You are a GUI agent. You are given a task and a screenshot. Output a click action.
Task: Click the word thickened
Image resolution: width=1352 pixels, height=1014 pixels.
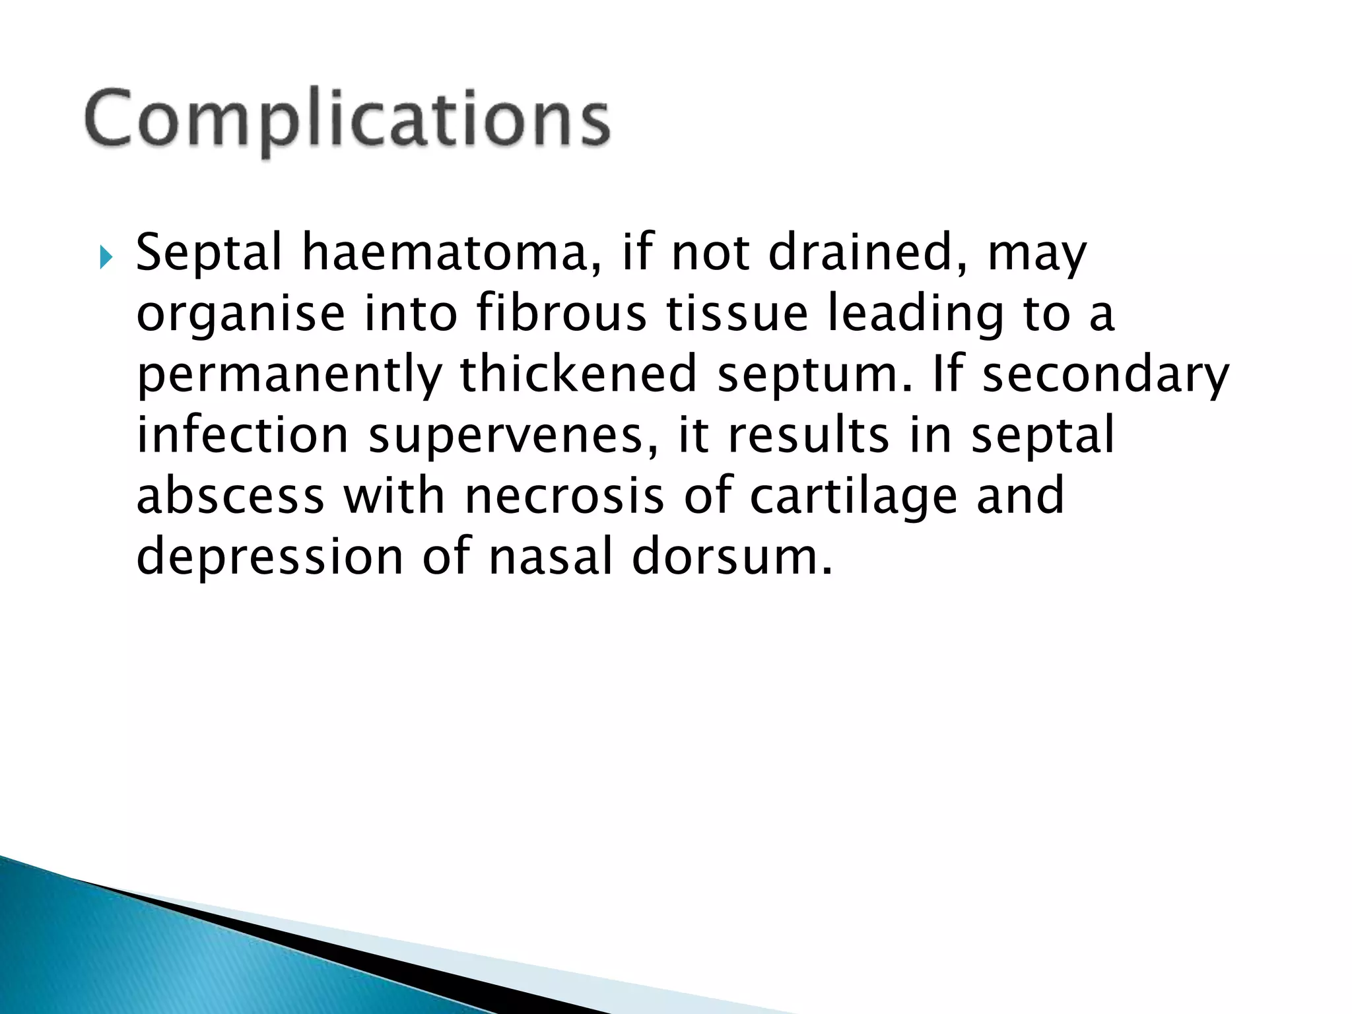(578, 374)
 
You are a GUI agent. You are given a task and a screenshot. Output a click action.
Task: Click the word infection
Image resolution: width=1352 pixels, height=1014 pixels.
(242, 434)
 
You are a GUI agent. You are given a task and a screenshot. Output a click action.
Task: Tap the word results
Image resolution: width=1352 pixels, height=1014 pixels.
(808, 434)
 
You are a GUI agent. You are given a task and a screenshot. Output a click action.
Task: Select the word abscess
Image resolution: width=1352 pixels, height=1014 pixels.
(230, 495)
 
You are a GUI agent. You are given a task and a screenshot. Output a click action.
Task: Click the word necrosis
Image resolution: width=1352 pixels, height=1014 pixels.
(564, 495)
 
